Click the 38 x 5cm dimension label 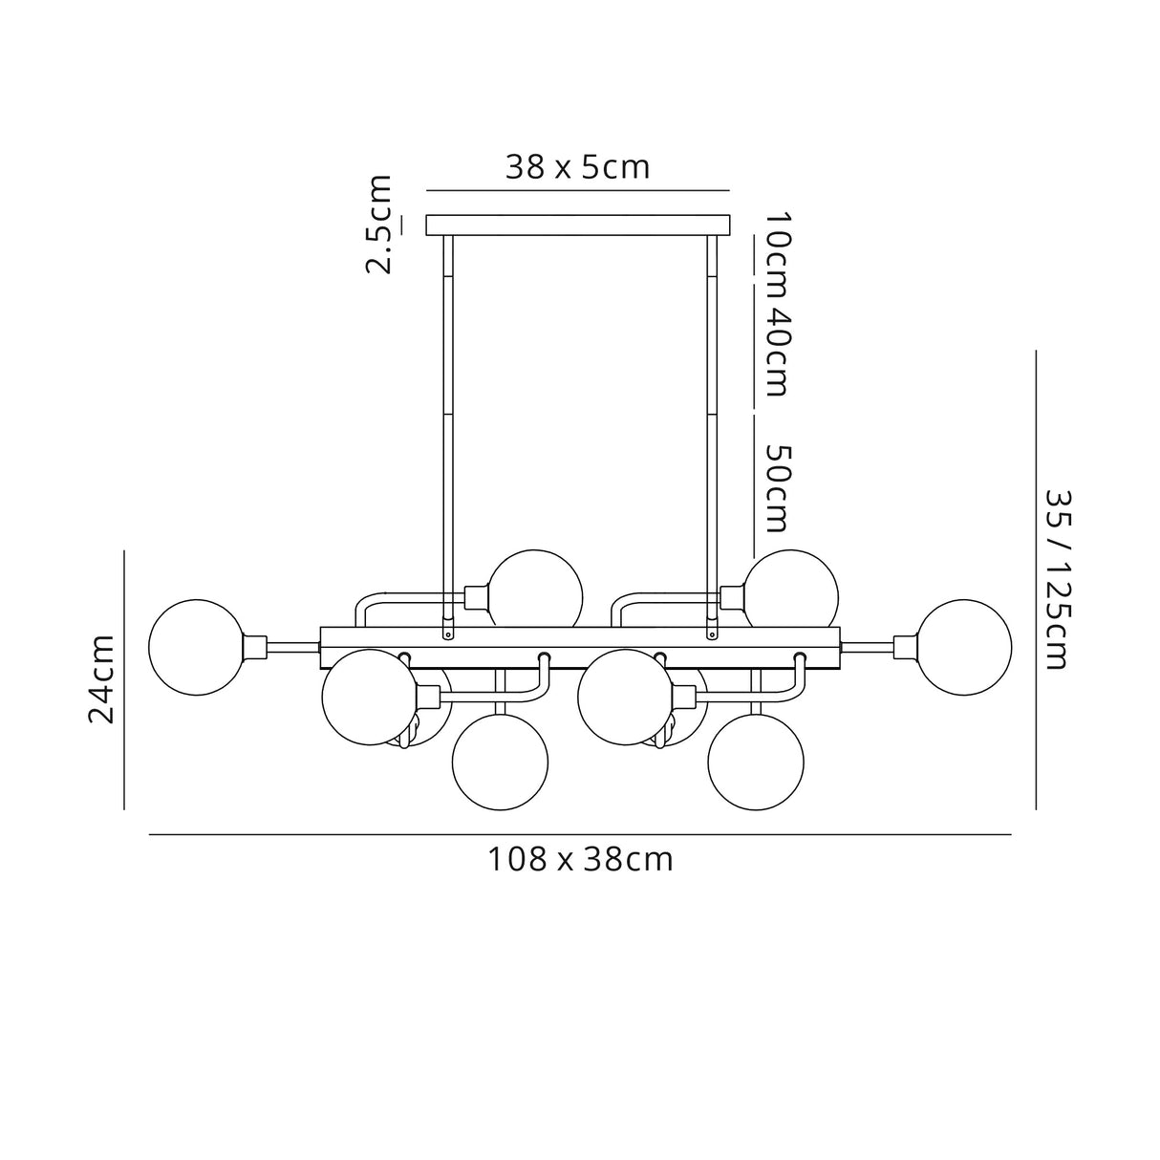(577, 167)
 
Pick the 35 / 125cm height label (1055, 579)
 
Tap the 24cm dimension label (102, 678)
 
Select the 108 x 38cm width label (581, 860)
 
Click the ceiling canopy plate (577, 225)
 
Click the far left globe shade (197, 647)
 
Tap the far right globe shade (963, 647)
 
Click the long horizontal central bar (580, 639)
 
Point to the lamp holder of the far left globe (257, 647)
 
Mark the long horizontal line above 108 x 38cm (580, 835)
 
